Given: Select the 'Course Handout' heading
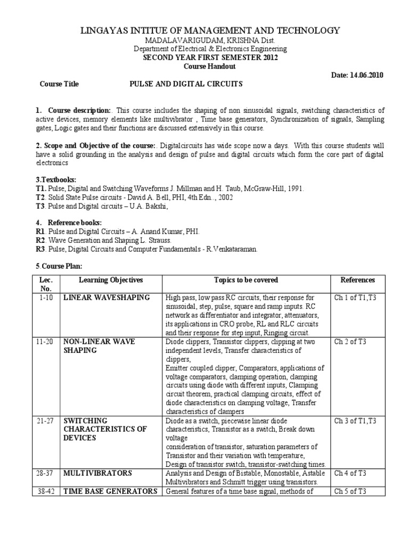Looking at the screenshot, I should click(205, 67).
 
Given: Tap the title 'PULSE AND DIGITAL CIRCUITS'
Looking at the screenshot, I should click(186, 84).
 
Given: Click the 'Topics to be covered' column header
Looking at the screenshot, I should click(246, 280).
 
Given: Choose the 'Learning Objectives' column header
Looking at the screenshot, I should click(111, 280).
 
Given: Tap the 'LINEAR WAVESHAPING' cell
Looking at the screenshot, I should click(107, 298).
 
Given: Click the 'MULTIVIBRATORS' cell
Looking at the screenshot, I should click(97, 473).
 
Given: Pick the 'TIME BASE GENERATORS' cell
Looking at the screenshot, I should click(110, 491).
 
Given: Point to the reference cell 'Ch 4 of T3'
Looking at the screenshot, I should click(350, 473).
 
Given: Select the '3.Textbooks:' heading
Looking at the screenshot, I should click(56, 180).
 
